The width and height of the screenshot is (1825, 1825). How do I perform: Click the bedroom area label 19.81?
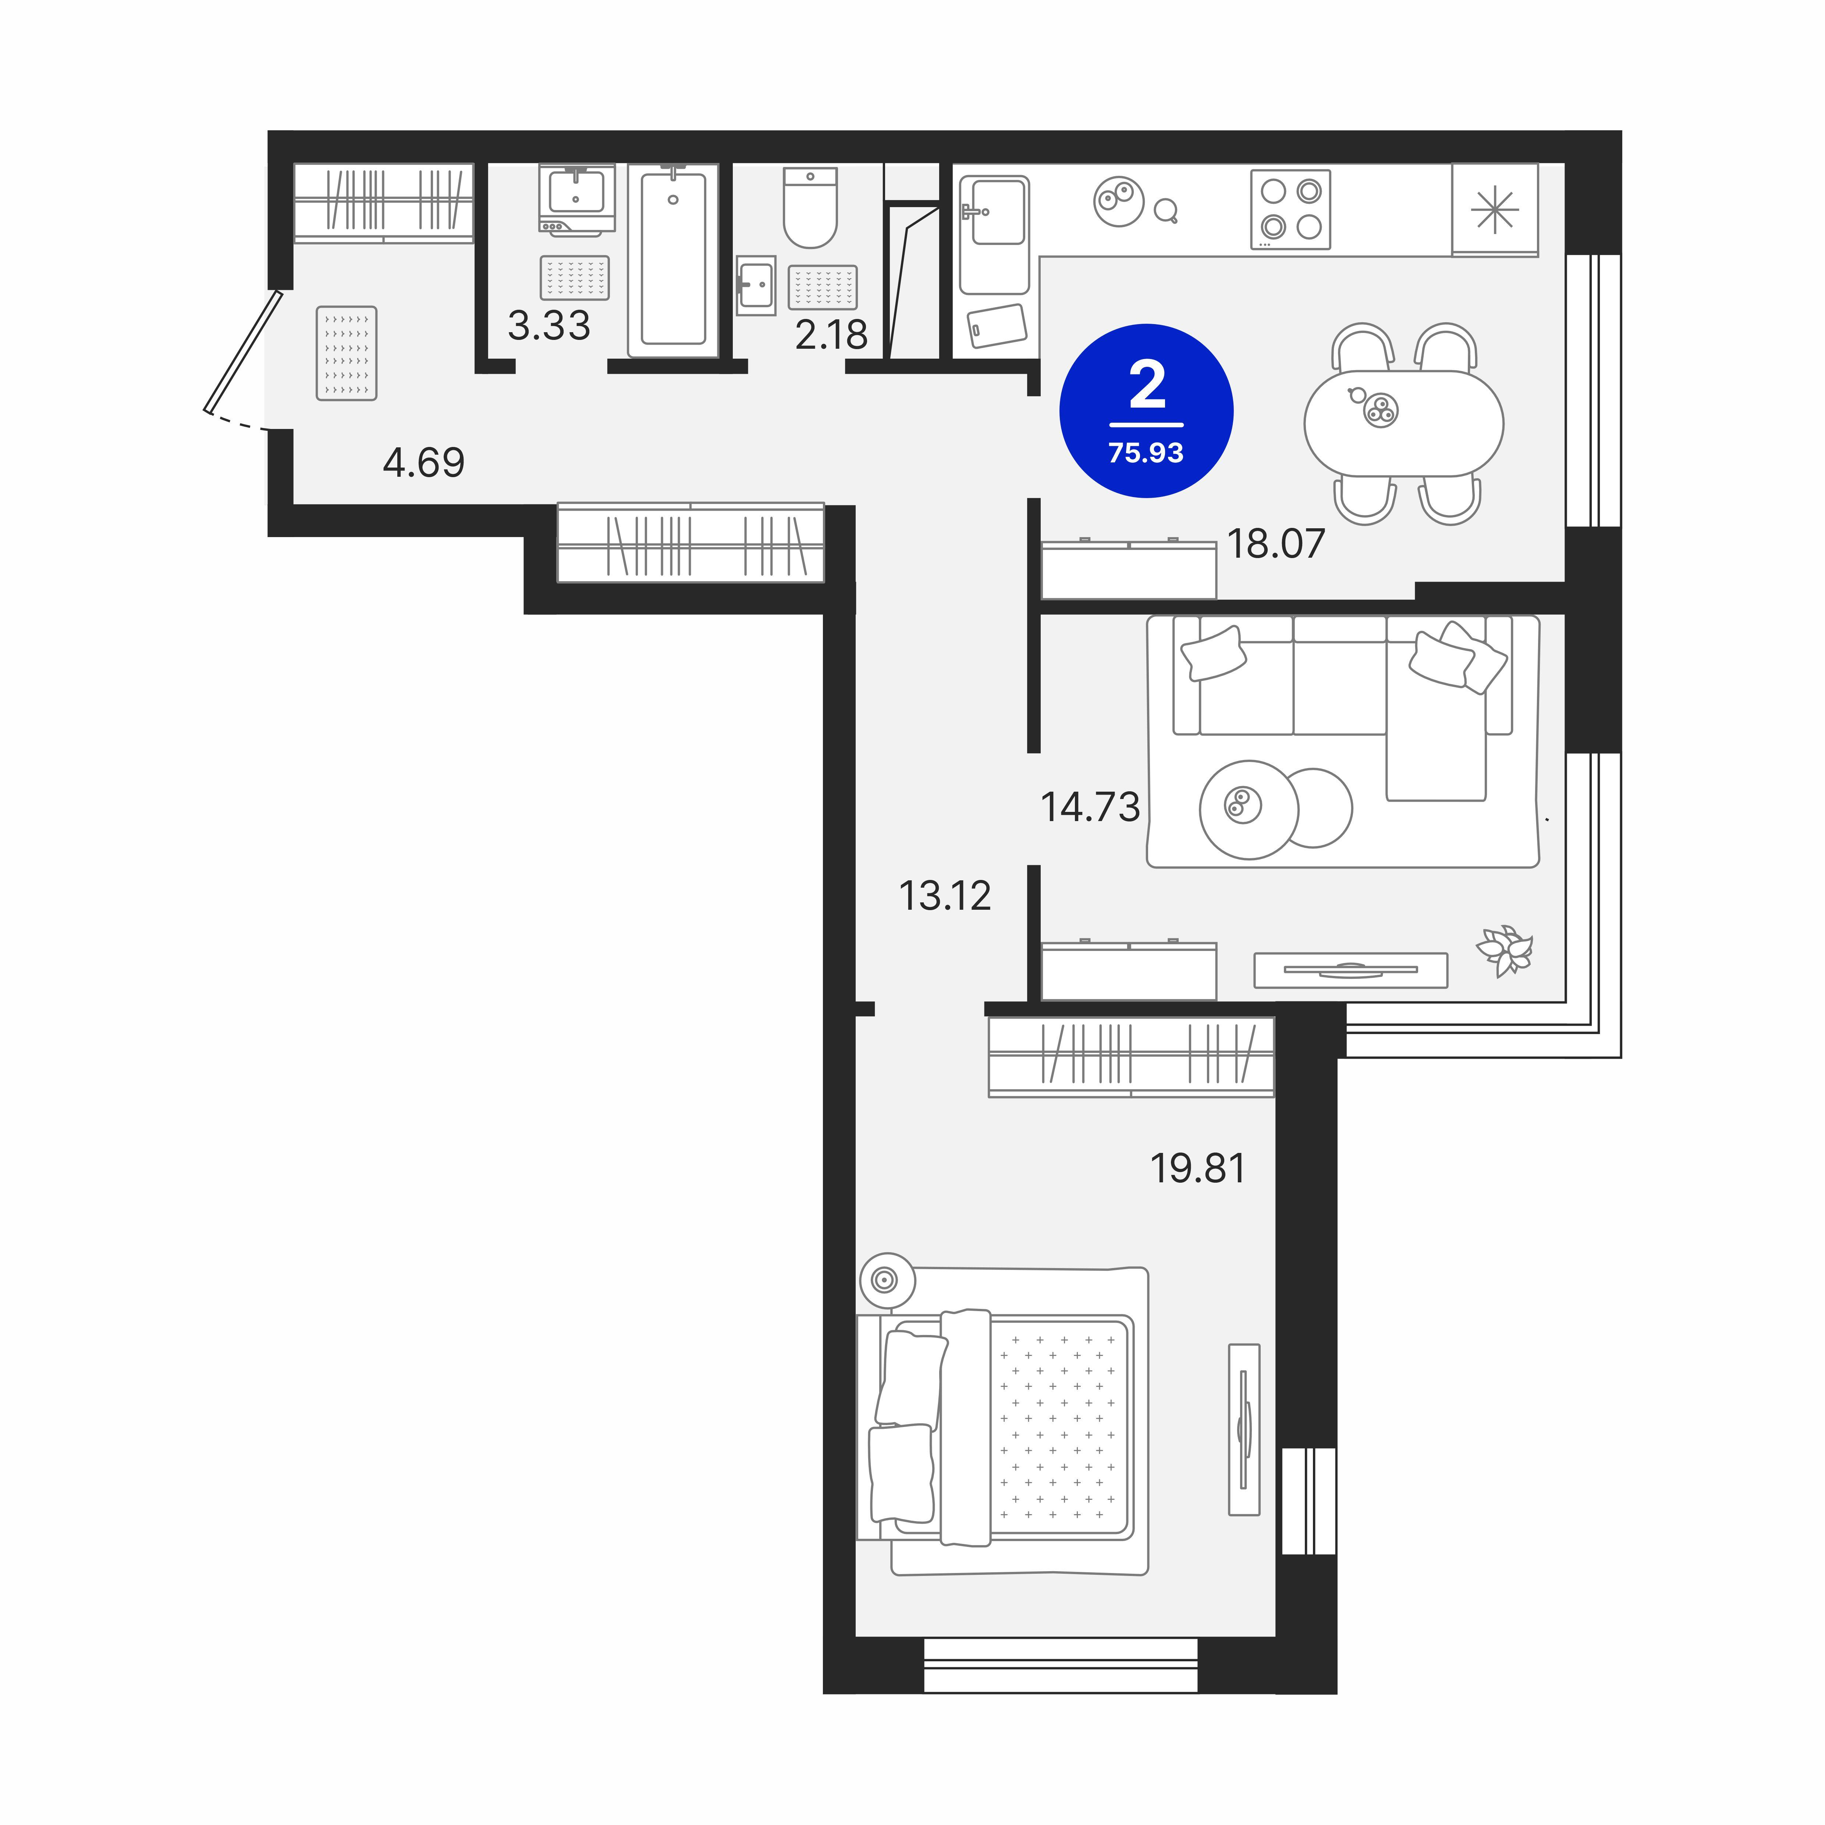click(1198, 1168)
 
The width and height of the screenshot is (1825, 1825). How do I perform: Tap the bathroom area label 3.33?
click(549, 326)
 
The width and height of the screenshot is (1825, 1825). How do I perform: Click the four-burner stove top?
click(1290, 209)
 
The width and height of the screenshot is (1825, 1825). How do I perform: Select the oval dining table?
click(1404, 423)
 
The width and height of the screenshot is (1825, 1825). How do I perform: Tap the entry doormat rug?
click(347, 353)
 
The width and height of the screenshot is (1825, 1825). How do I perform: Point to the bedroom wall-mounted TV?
click(1244, 1429)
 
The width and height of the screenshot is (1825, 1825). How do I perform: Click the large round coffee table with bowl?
click(1249, 810)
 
